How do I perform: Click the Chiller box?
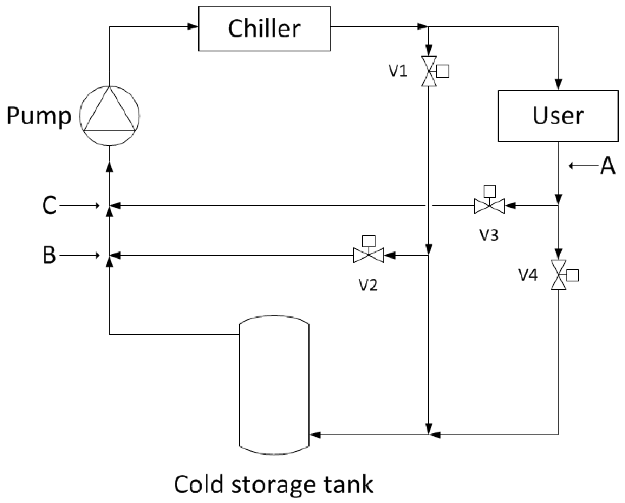click(x=264, y=28)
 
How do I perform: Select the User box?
click(x=558, y=116)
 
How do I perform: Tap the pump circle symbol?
click(x=109, y=116)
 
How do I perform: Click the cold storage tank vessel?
click(x=274, y=385)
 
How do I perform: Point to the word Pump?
click(x=39, y=116)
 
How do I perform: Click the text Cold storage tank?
click(x=273, y=484)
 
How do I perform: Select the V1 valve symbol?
click(x=429, y=71)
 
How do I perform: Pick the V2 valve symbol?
click(x=369, y=255)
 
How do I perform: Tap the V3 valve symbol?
click(x=489, y=206)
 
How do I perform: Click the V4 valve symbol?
click(x=558, y=275)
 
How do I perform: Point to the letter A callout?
click(x=607, y=165)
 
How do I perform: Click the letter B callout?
click(x=49, y=255)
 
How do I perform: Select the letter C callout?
click(x=49, y=205)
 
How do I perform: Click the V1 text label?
click(x=398, y=71)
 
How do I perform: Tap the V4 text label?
click(x=528, y=275)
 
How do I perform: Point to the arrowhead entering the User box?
click(x=558, y=85)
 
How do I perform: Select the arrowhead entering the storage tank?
click(x=315, y=435)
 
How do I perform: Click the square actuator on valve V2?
click(x=369, y=241)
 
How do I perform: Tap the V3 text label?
click(x=489, y=235)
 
